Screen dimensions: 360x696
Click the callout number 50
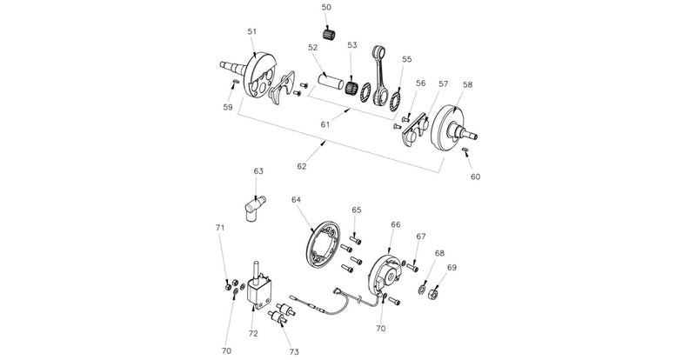click(x=326, y=7)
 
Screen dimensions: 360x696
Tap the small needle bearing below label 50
click(x=328, y=34)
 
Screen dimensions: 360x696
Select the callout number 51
click(x=251, y=32)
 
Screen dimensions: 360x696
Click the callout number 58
click(x=468, y=85)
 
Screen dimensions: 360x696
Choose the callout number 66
click(x=395, y=224)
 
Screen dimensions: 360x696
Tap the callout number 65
click(x=356, y=210)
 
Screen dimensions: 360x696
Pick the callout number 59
click(x=227, y=108)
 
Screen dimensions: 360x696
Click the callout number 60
click(x=476, y=177)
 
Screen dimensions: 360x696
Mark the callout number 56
click(x=420, y=83)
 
